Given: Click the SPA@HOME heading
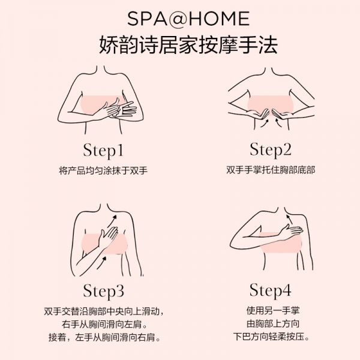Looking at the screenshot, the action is click(188, 19).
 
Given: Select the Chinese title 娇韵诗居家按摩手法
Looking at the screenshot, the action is click(188, 45).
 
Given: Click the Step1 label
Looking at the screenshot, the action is click(103, 151).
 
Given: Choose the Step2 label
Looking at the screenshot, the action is click(271, 149).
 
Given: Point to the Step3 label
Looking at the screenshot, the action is click(103, 291).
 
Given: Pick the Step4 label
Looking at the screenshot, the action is click(271, 290).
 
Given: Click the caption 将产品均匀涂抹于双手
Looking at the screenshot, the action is click(103, 171).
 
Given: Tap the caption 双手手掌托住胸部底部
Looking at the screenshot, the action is click(271, 170).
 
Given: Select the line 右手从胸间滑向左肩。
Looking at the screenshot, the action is click(104, 325).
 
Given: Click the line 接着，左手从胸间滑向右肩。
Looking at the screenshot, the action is click(104, 337).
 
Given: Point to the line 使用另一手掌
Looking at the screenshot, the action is click(273, 311).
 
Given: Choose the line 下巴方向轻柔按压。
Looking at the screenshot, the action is click(272, 337).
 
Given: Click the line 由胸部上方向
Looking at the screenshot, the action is click(273, 324).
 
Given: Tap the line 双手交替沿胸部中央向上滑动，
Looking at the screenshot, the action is click(104, 311).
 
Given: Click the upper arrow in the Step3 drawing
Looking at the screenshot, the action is click(112, 221).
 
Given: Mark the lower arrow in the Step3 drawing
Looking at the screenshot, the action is click(101, 262).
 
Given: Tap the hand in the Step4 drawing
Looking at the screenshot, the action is click(290, 232).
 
